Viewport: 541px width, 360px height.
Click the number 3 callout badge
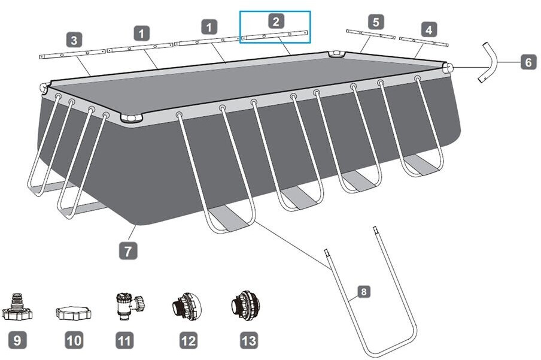click(74, 40)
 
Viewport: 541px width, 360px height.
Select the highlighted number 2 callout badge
click(275, 22)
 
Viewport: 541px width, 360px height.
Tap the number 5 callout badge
click(375, 22)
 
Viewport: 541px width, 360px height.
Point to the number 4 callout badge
click(428, 28)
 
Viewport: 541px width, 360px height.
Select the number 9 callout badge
click(17, 341)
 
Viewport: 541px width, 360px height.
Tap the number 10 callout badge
click(74, 341)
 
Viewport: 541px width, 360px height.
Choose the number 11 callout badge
click(124, 341)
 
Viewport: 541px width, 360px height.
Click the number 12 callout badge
click(188, 341)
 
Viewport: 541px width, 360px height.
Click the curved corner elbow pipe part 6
click(489, 62)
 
